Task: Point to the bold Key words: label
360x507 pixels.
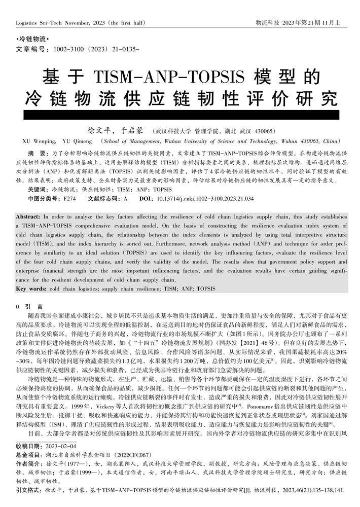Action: pos(31,288)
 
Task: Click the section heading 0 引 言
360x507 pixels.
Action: pos(29,307)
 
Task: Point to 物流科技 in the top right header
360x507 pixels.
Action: pos(268,23)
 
